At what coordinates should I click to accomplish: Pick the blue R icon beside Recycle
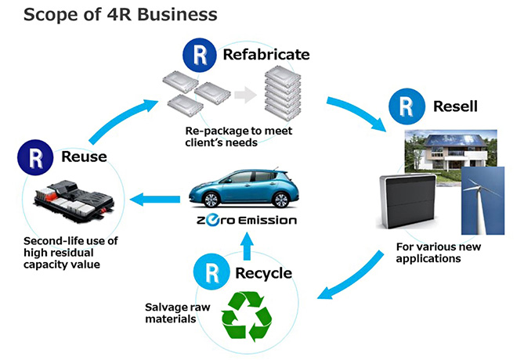[211, 272]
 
